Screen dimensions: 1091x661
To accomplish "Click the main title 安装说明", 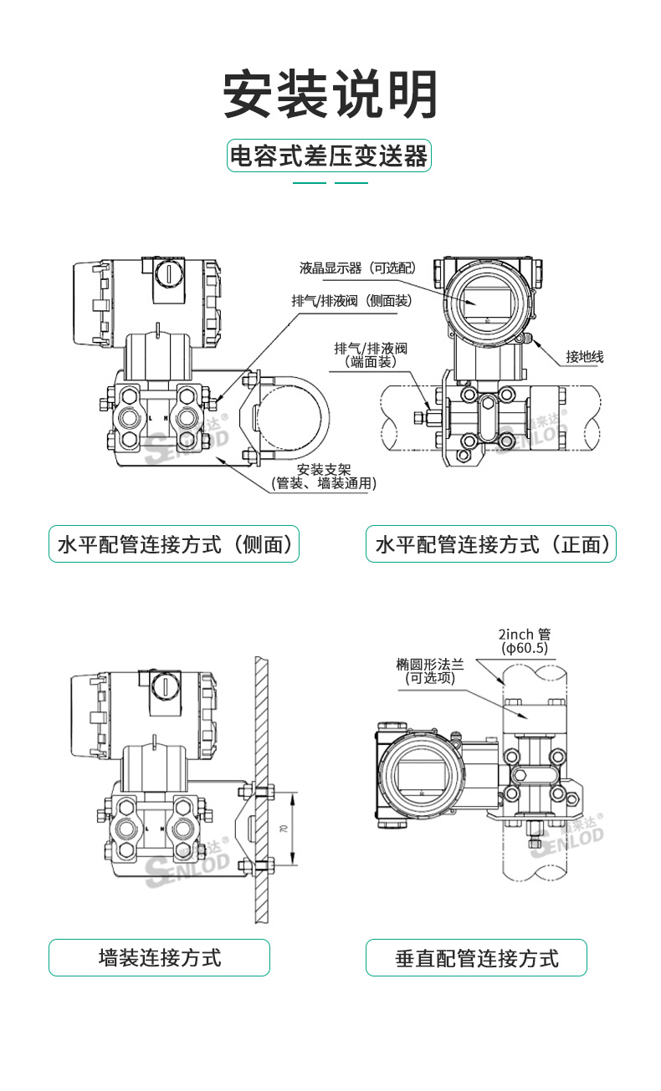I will [x=330, y=93].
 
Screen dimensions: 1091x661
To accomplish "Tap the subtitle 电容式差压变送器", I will [x=329, y=156].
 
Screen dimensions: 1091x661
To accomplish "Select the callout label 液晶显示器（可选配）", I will [x=357, y=268].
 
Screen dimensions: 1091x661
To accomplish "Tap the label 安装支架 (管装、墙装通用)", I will [x=323, y=476].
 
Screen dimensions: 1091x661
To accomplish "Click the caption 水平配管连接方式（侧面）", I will [x=174, y=545].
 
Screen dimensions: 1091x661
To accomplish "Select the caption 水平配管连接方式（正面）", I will [x=490, y=545].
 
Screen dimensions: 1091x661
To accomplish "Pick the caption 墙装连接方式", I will [x=159, y=957].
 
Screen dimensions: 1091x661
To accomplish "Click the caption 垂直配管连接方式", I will [x=476, y=957].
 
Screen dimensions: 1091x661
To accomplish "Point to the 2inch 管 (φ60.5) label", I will [x=525, y=641].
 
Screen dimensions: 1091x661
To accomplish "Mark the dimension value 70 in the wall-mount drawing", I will [x=284, y=828].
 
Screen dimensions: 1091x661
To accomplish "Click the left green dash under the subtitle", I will [x=309, y=181].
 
